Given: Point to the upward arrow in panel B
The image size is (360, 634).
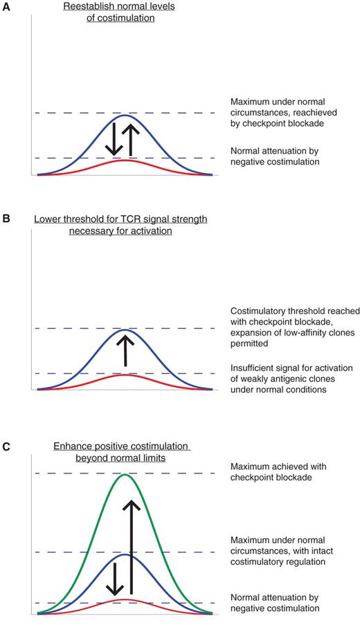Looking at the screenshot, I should click(125, 350).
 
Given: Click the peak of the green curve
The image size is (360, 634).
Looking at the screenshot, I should click(125, 475).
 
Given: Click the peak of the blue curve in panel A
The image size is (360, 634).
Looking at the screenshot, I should click(125, 115).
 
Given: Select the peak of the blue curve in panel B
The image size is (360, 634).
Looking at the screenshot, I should click(125, 330).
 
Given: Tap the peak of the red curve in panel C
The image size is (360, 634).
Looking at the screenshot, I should click(125, 599).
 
